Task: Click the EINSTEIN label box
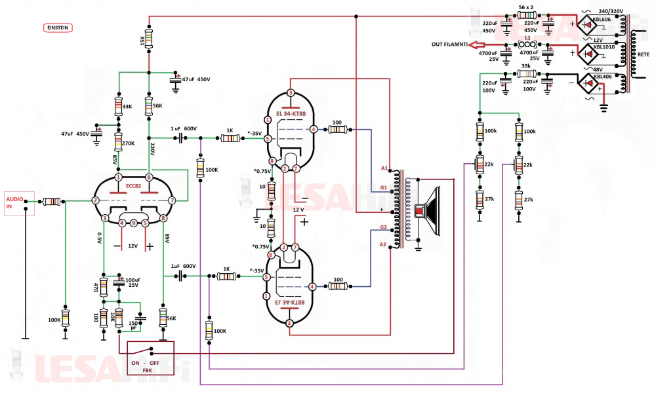click(x=58, y=28)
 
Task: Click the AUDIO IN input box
click(x=17, y=202)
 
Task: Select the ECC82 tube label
click(x=133, y=186)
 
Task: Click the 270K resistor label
click(x=127, y=143)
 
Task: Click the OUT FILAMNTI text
click(x=449, y=45)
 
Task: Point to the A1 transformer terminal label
click(x=385, y=168)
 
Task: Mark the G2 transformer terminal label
click(x=384, y=227)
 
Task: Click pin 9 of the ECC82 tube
click(x=133, y=223)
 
